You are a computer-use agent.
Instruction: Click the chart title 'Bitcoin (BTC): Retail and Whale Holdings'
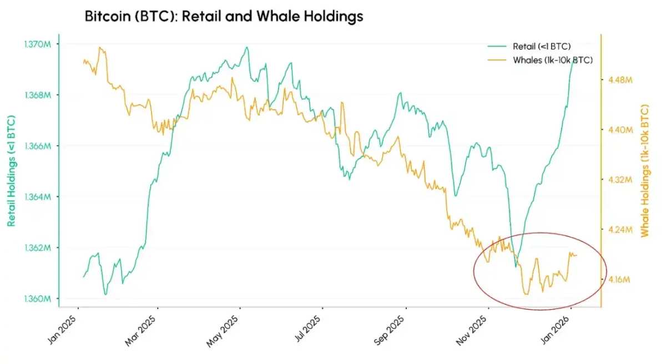224,17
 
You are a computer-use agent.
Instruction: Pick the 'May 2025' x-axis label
224,332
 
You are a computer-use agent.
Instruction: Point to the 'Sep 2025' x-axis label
389,332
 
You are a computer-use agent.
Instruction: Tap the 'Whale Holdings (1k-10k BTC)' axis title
645,170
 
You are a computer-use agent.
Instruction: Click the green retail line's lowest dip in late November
516,266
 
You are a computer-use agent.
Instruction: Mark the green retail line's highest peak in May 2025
247,47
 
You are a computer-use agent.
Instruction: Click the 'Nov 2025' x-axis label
472,332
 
